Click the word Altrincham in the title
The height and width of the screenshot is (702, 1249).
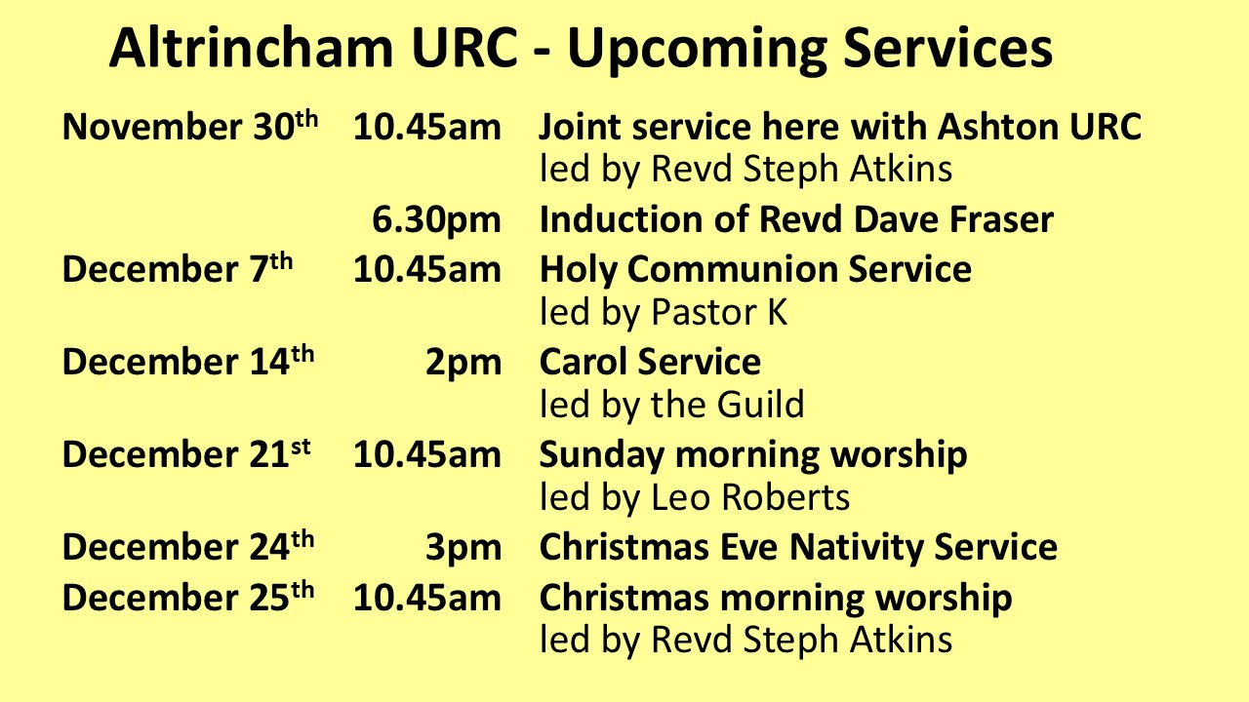point(252,48)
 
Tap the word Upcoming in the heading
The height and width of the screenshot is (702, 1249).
point(697,50)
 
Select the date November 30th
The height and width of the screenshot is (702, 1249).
point(190,126)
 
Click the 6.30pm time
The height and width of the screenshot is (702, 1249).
point(436,220)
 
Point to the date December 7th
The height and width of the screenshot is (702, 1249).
point(178,268)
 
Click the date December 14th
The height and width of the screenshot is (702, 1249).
point(188,361)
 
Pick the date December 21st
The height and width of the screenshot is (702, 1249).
point(186,453)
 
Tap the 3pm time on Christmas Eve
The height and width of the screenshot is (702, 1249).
point(463,548)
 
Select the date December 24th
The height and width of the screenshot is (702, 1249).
point(188,546)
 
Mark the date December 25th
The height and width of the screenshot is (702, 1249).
point(188,596)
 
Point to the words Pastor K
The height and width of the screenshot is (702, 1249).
point(719,312)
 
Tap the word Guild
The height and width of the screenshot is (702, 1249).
point(760,404)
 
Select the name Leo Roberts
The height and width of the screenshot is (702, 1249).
point(750,497)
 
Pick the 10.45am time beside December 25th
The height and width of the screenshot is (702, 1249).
point(427,598)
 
